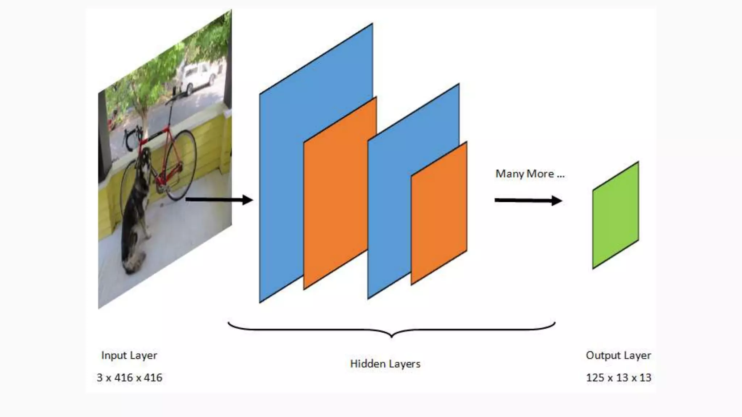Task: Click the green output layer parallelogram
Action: pyautogui.click(x=616, y=215)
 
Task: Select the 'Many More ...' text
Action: pyautogui.click(x=530, y=174)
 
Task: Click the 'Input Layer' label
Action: pyautogui.click(x=129, y=355)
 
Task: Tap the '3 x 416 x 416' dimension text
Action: pyautogui.click(x=129, y=378)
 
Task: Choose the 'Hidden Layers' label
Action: pyautogui.click(x=385, y=364)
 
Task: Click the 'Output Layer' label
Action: pyautogui.click(x=618, y=355)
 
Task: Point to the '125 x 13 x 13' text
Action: pyautogui.click(x=618, y=378)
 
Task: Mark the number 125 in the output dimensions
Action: pyautogui.click(x=595, y=378)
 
